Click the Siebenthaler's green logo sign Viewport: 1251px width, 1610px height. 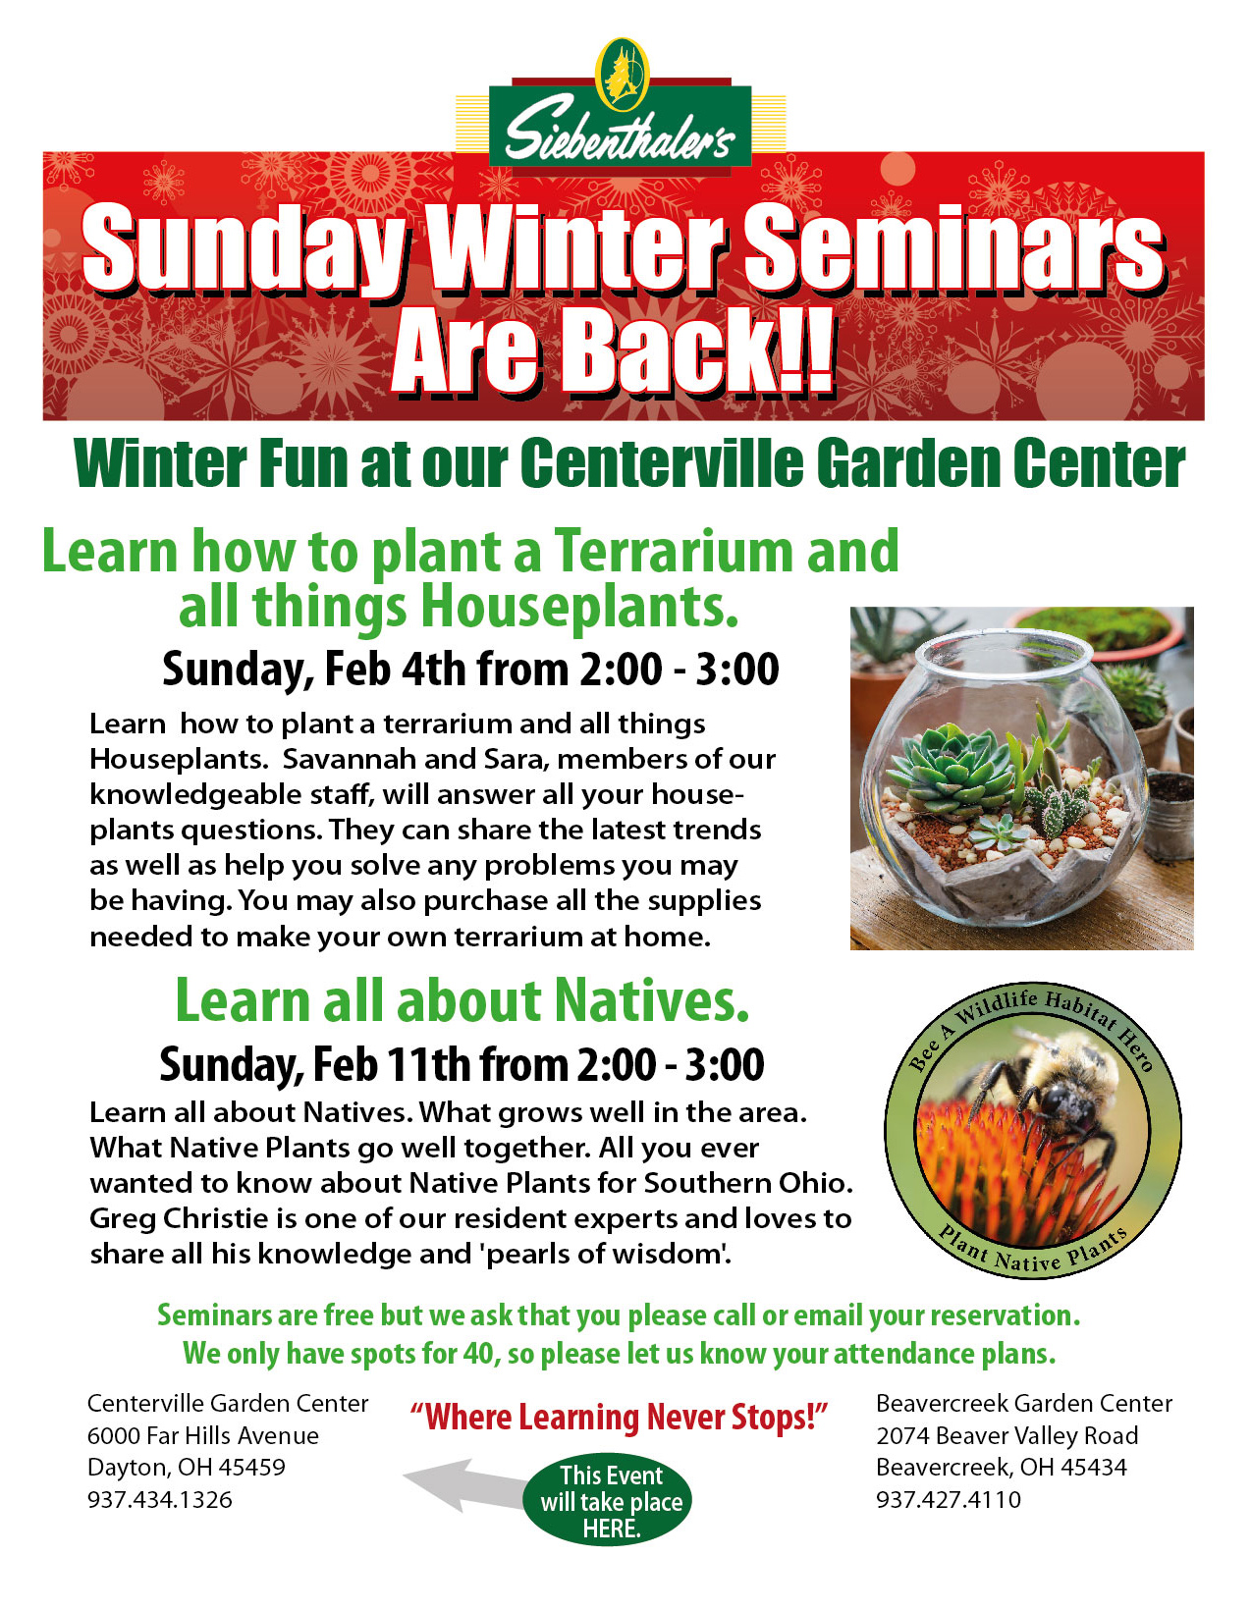pos(621,127)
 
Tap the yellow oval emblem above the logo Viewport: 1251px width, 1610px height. pos(622,74)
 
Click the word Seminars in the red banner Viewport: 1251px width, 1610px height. pos(953,249)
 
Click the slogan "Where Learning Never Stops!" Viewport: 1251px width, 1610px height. pos(619,1418)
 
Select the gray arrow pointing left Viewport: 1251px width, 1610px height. pos(466,1484)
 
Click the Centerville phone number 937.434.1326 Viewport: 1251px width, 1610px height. pos(160,1500)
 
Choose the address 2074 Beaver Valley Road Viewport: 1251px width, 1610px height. pos(1006,1436)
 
